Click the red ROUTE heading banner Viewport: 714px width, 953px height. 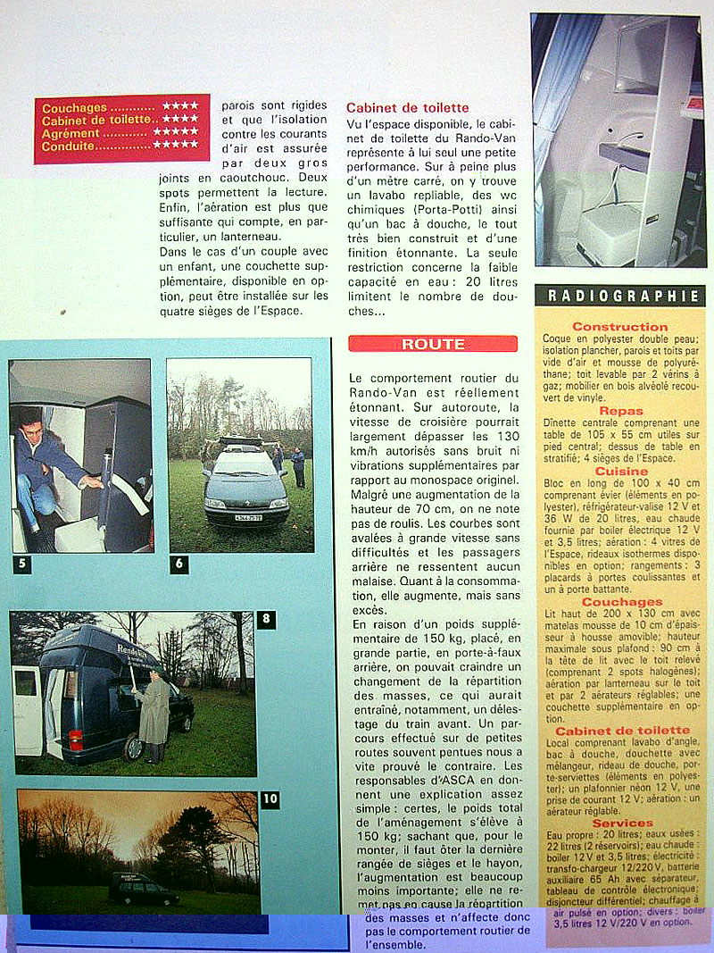433,344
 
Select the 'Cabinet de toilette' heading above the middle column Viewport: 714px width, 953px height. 407,108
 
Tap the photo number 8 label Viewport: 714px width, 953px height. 265,619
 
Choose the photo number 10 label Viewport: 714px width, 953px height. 270,799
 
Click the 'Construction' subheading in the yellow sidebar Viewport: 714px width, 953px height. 619,327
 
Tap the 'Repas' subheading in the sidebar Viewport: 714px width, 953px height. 621,412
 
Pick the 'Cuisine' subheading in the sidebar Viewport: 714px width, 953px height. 621,470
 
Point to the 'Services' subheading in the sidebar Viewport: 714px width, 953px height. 622,823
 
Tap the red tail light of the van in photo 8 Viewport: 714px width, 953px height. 77,739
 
